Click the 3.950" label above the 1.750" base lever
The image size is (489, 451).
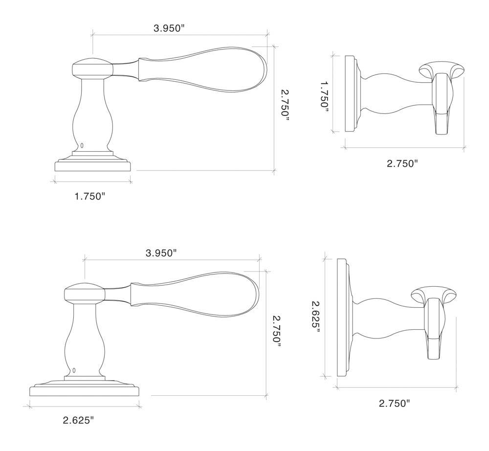(x=169, y=28)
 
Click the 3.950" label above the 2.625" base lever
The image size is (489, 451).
(x=161, y=253)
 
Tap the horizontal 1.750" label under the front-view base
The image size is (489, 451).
(x=90, y=196)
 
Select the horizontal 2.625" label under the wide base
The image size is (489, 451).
(x=78, y=420)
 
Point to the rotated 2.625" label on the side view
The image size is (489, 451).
(x=316, y=316)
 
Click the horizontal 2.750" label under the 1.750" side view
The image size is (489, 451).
(x=402, y=163)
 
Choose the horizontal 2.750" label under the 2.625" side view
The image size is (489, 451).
(x=394, y=403)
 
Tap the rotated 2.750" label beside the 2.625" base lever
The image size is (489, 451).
(x=276, y=331)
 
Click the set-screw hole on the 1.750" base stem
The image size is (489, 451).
(x=82, y=145)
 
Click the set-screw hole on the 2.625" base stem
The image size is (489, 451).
(x=74, y=370)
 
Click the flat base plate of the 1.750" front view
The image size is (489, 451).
(x=92, y=166)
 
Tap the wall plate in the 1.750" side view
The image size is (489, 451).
(x=350, y=93)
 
